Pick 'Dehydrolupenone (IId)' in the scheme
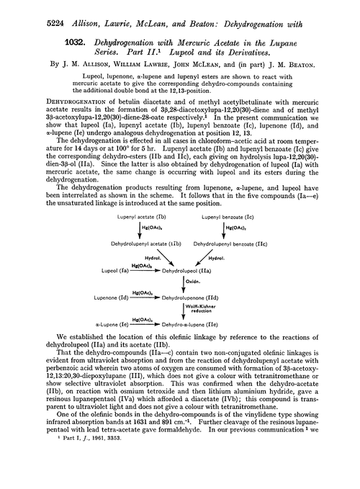click(x=192, y=277)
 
